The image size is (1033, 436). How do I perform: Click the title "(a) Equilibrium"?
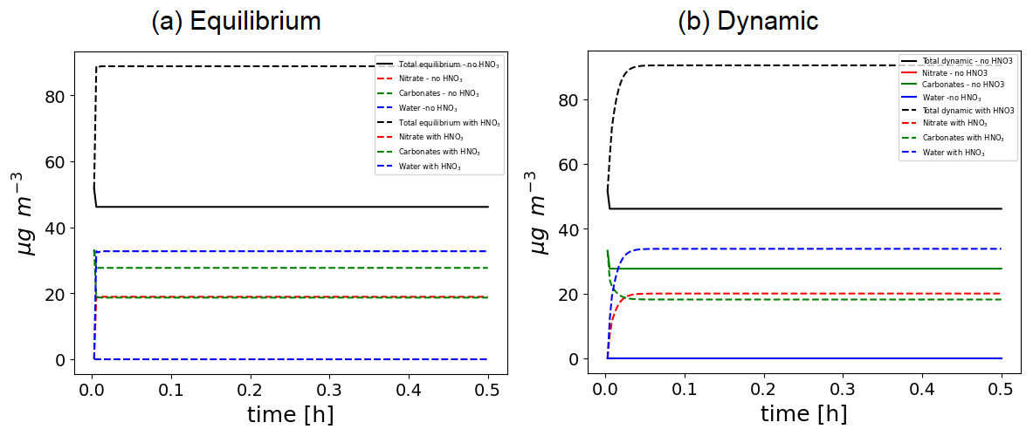(x=236, y=22)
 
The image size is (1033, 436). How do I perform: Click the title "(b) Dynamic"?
(x=748, y=22)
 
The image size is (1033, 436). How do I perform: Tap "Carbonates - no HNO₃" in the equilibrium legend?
(x=438, y=93)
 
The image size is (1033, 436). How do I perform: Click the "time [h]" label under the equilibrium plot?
(x=290, y=413)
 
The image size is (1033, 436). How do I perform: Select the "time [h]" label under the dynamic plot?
(x=803, y=413)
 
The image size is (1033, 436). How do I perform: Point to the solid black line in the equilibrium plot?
(x=288, y=207)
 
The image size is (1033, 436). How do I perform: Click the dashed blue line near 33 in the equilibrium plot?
(x=288, y=251)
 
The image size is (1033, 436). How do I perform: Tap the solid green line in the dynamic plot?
(x=803, y=269)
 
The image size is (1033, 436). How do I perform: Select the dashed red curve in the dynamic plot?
(x=803, y=294)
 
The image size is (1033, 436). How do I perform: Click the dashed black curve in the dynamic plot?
(x=803, y=65)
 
